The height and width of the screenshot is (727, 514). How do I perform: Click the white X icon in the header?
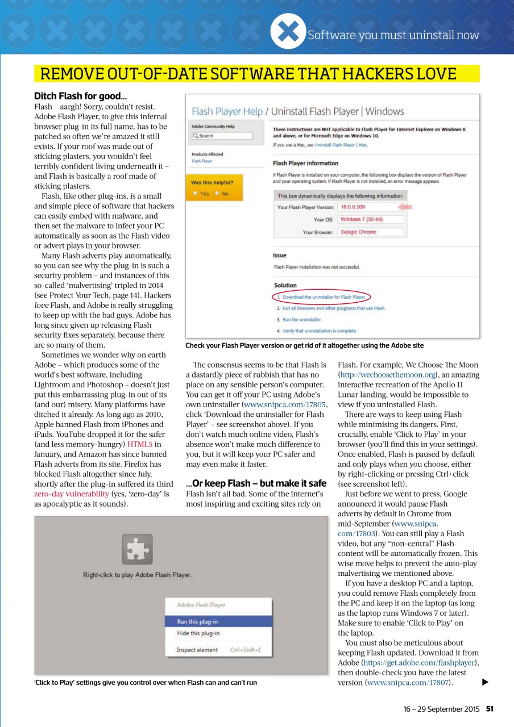click(288, 31)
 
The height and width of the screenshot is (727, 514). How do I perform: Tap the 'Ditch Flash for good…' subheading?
click(81, 96)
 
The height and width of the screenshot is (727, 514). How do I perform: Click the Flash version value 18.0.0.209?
click(353, 207)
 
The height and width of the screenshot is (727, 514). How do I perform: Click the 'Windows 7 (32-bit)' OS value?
click(360, 219)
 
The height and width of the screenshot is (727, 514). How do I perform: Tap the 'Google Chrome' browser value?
click(358, 232)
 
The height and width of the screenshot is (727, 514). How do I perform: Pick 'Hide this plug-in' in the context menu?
click(198, 633)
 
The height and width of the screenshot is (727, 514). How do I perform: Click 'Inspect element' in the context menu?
click(197, 650)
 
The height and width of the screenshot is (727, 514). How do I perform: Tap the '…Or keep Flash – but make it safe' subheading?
click(256, 483)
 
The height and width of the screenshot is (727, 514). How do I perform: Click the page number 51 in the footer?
click(489, 709)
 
